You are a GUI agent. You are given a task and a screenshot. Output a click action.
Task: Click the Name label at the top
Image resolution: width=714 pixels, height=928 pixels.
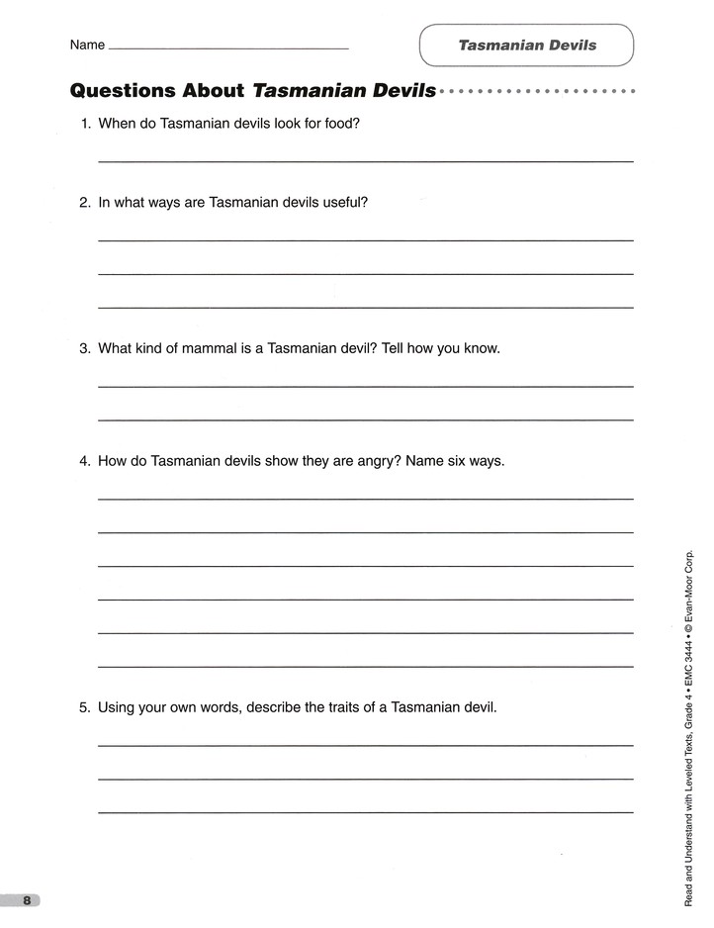(87, 46)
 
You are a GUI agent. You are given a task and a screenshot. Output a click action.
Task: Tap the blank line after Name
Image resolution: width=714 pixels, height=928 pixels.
(227, 47)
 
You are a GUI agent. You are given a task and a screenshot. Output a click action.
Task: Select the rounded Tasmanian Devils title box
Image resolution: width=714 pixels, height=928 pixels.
(526, 46)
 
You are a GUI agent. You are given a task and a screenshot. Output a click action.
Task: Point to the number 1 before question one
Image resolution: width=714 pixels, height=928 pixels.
(85, 125)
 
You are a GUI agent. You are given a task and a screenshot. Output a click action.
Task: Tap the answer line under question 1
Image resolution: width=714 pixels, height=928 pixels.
(366, 160)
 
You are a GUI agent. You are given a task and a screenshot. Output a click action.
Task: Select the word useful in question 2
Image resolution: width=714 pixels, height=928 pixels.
(342, 203)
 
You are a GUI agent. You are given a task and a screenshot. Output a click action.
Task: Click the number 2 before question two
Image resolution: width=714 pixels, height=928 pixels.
(85, 203)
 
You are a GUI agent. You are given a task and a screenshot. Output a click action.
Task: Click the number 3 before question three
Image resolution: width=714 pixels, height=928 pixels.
(85, 348)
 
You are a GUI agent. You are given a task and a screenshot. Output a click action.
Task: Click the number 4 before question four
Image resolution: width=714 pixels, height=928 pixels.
(85, 461)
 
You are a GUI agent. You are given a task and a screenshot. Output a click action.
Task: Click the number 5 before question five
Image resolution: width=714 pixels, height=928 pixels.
(85, 708)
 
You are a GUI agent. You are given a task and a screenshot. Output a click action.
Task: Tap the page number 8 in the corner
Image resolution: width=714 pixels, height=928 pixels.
(27, 899)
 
